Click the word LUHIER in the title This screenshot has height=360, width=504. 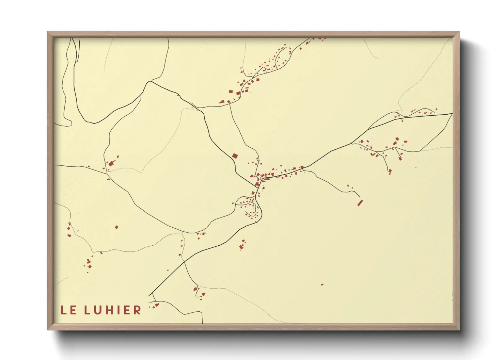pyautogui.click(x=113, y=310)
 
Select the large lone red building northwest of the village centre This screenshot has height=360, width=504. pyautogui.click(x=235, y=156)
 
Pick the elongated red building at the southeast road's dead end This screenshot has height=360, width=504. pyautogui.click(x=360, y=203)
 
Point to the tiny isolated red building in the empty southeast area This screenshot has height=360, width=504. pyautogui.click(x=322, y=284)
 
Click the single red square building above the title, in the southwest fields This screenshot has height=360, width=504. pyautogui.click(x=116, y=227)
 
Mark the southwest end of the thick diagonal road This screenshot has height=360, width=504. pyautogui.click(x=149, y=295)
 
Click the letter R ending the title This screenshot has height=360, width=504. pyautogui.click(x=138, y=310)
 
